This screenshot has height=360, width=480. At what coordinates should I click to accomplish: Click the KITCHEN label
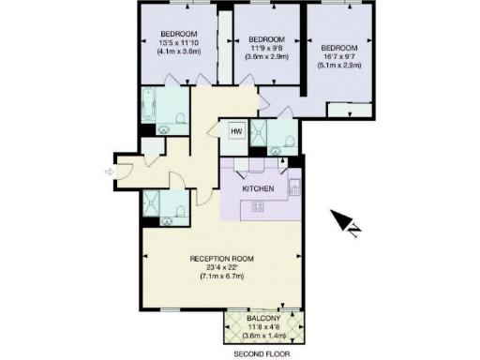[x=258, y=188]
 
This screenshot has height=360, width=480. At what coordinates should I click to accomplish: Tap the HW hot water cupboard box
[x=236, y=131]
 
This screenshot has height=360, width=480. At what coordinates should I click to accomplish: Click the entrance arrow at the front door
[x=111, y=172]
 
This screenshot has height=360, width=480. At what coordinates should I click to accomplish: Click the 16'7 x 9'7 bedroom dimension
[x=340, y=57]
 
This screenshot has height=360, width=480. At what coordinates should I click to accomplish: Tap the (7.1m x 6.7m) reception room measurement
[x=222, y=277]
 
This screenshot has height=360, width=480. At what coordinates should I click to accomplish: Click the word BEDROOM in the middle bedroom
[x=267, y=39]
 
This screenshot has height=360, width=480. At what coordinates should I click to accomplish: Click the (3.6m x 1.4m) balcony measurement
[x=265, y=336]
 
